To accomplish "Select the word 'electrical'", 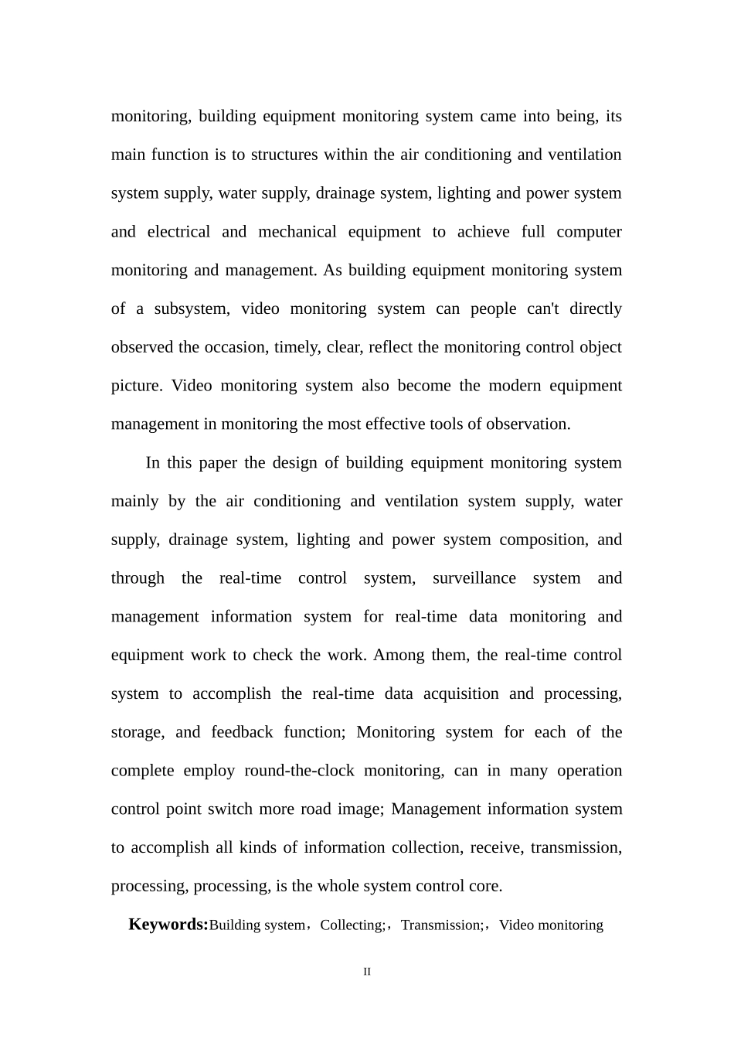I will (178, 232).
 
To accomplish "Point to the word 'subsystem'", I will (192, 309).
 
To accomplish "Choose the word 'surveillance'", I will (474, 578).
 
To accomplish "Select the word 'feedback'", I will (242, 732).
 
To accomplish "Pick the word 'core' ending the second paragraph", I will (485, 886).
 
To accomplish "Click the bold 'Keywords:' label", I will (168, 925).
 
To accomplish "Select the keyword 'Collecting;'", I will (353, 925).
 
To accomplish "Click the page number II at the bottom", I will (367, 972).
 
